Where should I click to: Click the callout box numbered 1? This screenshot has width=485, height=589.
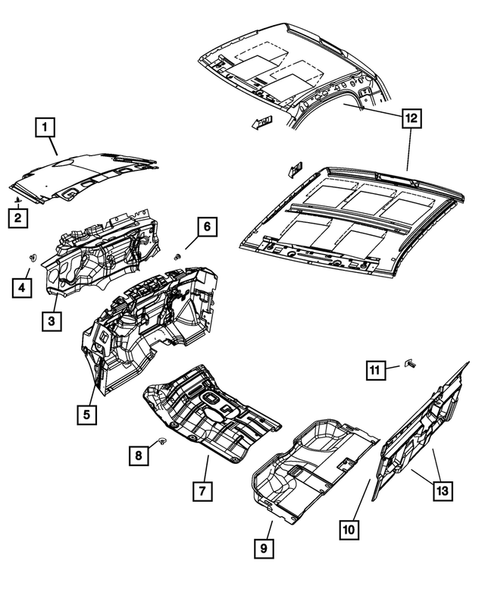[x=44, y=127]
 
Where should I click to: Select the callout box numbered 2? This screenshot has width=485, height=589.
[x=18, y=217]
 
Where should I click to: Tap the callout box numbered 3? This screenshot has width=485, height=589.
[x=49, y=320]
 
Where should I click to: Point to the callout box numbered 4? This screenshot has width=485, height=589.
[x=19, y=288]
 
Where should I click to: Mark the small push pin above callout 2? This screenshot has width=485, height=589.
[x=18, y=200]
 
